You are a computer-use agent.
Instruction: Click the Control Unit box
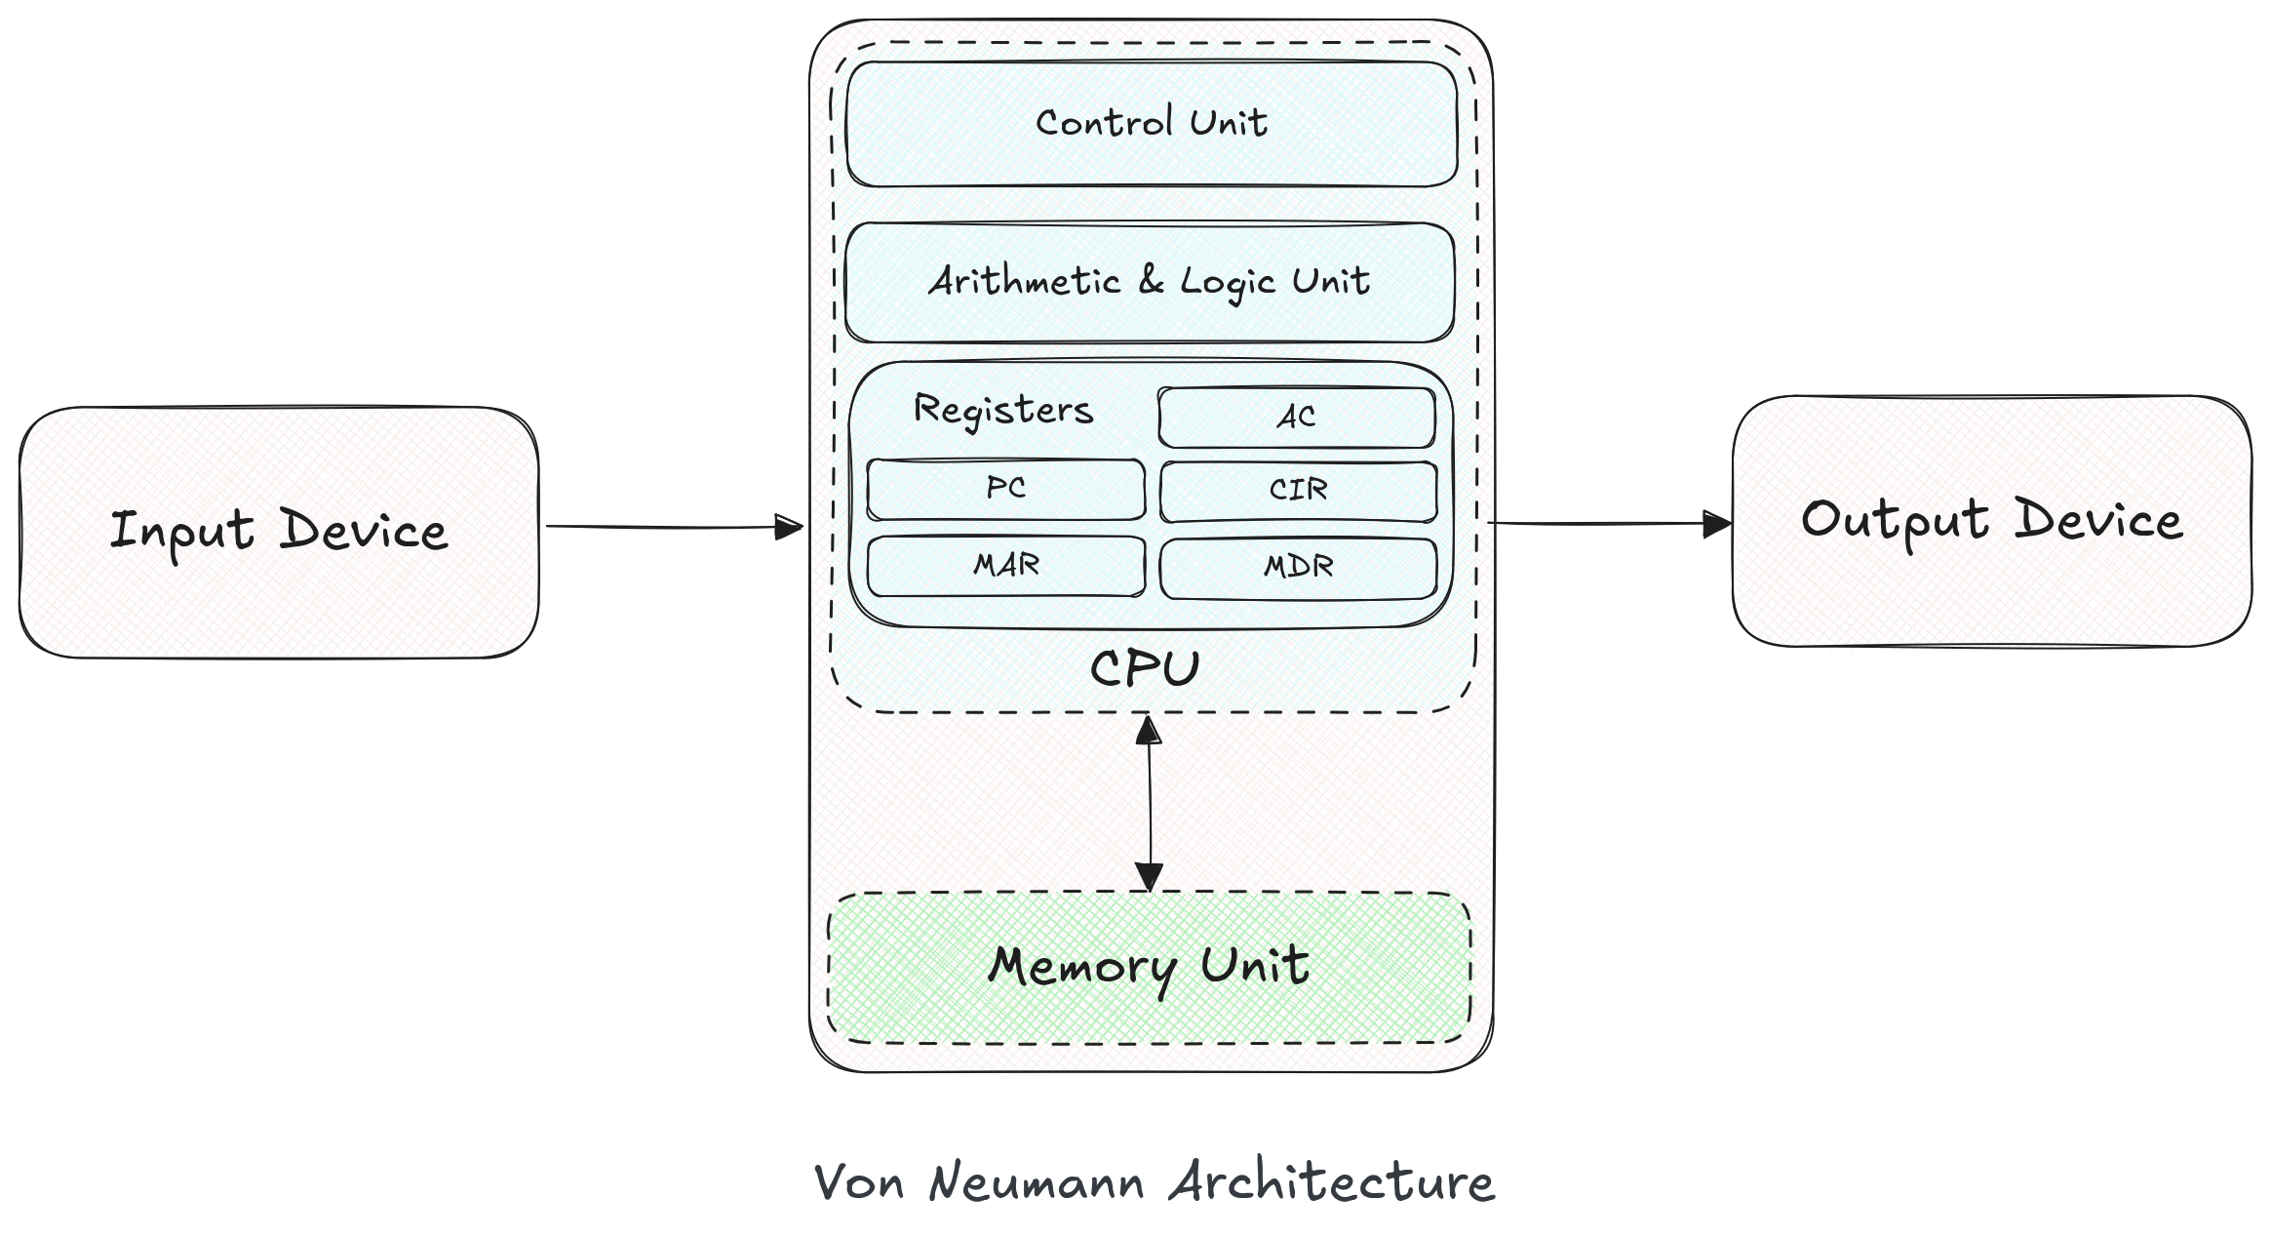(1152, 124)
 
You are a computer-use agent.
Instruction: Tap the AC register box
(1296, 417)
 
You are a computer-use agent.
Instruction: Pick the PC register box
(1005, 489)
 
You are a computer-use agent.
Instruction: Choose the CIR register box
(1298, 490)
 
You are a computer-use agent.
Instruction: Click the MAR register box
(1005, 565)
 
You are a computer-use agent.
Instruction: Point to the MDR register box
(1298, 567)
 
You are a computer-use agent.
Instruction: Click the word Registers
(1002, 410)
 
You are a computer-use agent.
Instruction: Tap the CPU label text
(1144, 670)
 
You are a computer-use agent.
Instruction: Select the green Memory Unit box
(1149, 968)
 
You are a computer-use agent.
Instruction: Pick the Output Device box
(1991, 520)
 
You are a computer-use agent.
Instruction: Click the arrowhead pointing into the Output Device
(1716, 524)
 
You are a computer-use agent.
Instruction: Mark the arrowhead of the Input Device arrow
(789, 528)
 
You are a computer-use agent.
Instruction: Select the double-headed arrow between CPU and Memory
(1150, 802)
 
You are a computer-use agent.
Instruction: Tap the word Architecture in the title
(1331, 1183)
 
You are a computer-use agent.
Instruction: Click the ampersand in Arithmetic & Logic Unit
(1151, 281)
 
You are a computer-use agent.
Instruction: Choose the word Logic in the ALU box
(1228, 283)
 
